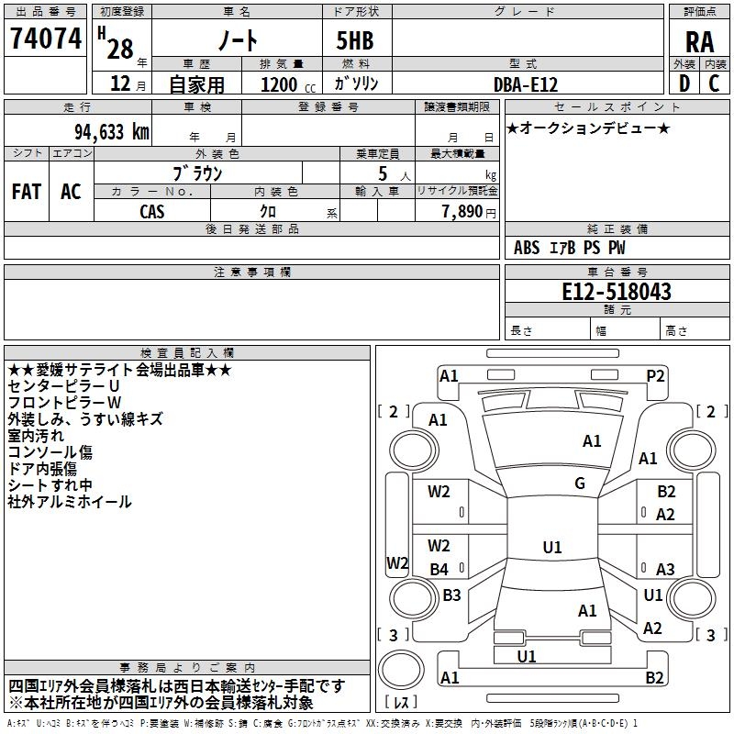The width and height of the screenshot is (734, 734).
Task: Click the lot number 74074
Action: pos(46,39)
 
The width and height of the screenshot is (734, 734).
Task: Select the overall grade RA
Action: pos(699,42)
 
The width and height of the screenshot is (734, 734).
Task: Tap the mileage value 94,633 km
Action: pos(112,132)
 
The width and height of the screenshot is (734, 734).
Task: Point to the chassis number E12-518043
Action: pos(617,292)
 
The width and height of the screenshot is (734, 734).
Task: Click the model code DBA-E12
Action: pos(526,84)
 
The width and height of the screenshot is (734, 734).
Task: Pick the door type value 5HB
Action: pos(355,40)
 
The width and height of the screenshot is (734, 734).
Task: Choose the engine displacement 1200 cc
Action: pos(288,84)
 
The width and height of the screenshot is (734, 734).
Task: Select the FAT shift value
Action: pos(27,192)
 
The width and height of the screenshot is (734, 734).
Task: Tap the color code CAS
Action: pos(152,212)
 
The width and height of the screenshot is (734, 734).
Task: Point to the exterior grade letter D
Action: pos(684,83)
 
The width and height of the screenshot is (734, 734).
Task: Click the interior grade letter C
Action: pos(714,83)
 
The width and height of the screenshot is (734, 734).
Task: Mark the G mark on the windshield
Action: pos(580,484)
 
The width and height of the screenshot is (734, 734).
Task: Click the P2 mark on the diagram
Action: pos(655,376)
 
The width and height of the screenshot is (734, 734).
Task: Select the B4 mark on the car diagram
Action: pos(439,569)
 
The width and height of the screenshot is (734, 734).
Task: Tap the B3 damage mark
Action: pos(451,595)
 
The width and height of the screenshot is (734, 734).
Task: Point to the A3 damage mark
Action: pos(665,569)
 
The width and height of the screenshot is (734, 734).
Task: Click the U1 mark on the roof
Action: pos(552,547)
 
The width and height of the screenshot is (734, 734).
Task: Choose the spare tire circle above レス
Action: pos(401,669)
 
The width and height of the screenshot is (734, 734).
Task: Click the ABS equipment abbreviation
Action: pos(527,248)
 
